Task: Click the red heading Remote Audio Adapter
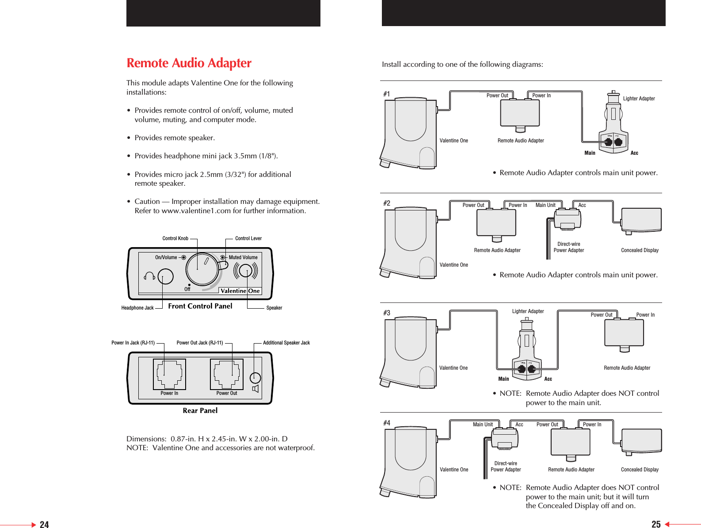coord(189,63)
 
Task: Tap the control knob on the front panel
coord(202,269)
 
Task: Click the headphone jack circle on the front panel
coord(165,277)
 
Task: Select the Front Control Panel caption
coord(200,306)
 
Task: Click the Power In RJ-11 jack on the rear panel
coord(169,374)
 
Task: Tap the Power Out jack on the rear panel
coord(227,374)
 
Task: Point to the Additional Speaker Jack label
coord(286,343)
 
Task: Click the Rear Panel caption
coord(200,410)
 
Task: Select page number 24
coord(44,524)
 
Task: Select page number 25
coord(656,524)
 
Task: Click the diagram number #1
coord(387,94)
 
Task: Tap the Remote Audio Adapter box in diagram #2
coord(496,223)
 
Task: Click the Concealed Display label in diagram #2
coord(640,250)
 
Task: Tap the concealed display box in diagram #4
coord(641,441)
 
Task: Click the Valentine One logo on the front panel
coord(240,291)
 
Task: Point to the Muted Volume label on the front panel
coord(243,257)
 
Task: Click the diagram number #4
coord(387,423)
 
